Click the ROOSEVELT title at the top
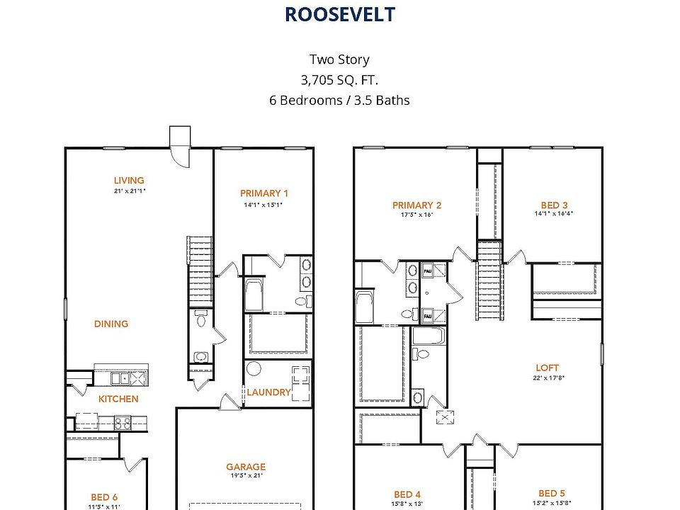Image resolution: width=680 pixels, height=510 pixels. (339, 14)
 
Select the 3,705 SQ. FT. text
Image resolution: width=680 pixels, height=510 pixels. (339, 79)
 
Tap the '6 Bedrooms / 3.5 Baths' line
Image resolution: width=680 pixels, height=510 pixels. (339, 100)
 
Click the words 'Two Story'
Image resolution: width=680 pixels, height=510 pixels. (339, 59)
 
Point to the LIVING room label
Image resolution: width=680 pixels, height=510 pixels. (129, 181)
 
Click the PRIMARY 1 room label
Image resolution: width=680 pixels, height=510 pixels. (264, 193)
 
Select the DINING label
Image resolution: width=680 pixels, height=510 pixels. (111, 324)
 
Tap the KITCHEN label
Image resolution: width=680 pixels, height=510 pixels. (118, 399)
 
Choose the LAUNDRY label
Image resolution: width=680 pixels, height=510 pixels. (268, 392)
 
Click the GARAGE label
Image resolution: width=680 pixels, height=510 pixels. (246, 467)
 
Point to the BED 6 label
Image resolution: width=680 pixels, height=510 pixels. (104, 497)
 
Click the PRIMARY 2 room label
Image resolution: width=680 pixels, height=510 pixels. (416, 205)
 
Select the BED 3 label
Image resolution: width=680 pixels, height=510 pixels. (554, 205)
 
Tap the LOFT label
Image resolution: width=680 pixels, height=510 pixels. (547, 368)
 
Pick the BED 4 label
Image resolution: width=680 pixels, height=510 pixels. (407, 494)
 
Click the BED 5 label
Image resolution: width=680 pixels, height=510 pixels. (552, 494)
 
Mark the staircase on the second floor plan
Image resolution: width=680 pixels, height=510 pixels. (488, 280)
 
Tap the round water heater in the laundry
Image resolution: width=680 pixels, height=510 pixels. (254, 370)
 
